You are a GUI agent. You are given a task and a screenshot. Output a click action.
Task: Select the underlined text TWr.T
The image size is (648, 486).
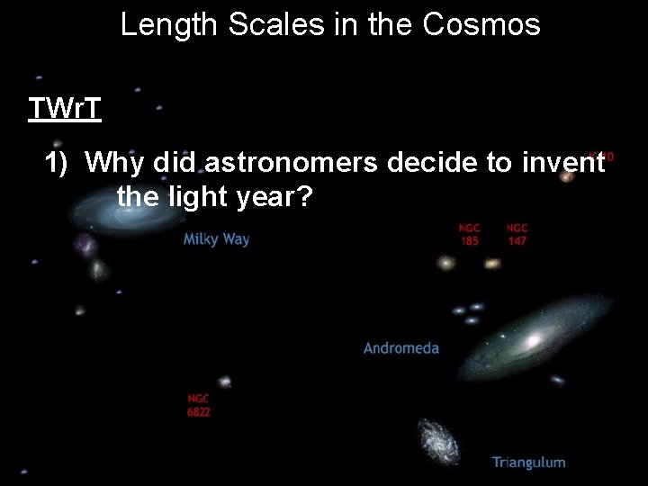[64, 109]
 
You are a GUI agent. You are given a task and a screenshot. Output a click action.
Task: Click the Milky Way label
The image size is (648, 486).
[216, 239]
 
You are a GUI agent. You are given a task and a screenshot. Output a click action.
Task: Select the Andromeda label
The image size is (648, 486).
[400, 347]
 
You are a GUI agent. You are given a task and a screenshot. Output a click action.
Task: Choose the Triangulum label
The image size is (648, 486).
[528, 463]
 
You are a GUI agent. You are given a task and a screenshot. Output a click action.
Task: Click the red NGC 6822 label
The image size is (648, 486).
[199, 405]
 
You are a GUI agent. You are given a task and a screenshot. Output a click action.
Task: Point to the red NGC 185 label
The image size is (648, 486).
[469, 235]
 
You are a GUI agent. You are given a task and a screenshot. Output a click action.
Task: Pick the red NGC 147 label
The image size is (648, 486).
[517, 235]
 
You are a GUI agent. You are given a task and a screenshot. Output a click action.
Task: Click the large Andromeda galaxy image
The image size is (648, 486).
[531, 337]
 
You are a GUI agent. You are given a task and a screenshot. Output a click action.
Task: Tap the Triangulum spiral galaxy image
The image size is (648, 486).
[439, 441]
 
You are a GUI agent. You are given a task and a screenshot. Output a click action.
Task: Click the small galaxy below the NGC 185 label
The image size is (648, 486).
[445, 263]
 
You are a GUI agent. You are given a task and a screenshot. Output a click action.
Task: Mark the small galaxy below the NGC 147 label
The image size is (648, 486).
[491, 264]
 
